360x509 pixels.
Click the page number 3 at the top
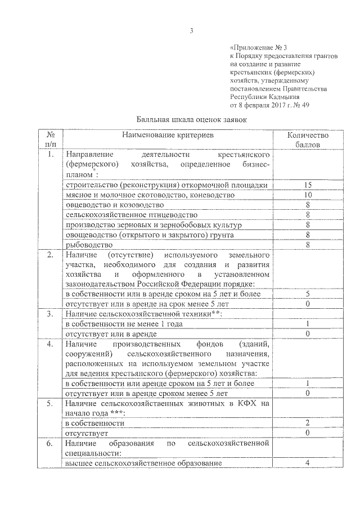point(191,31)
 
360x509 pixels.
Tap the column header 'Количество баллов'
point(308,139)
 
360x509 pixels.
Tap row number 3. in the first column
point(50,314)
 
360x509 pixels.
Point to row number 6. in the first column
point(50,443)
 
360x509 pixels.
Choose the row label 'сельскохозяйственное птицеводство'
point(132,215)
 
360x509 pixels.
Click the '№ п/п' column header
point(50,139)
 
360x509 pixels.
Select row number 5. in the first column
point(50,403)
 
